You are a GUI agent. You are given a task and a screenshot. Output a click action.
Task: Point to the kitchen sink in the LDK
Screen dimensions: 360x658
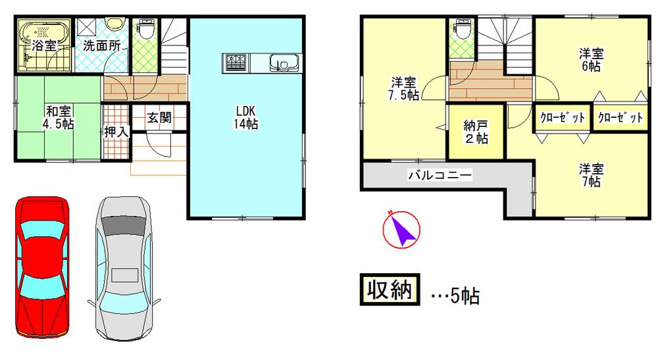pos(284,64)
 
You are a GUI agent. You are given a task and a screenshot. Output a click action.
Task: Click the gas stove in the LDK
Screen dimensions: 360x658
pos(235,63)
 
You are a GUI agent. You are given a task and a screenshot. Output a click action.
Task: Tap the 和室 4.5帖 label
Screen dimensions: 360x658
pos(59,117)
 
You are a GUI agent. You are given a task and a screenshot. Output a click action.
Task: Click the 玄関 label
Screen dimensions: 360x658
pos(159,118)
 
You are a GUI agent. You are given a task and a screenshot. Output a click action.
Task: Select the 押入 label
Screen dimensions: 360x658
pos(116,131)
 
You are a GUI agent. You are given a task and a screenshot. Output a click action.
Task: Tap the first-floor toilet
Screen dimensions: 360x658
pos(145,30)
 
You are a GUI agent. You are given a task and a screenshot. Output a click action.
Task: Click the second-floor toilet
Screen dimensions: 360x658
pos(463,30)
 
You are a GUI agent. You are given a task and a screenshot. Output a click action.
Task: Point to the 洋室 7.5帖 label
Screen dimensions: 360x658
pos(403,88)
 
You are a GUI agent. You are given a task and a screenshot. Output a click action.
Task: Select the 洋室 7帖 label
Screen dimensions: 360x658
pos(590,174)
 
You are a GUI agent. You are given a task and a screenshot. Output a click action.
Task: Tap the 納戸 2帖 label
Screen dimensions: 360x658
pos(476,132)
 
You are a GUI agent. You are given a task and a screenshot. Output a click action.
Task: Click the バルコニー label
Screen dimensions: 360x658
pos(439,175)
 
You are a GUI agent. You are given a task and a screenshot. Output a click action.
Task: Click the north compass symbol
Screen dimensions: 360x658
pos(400,228)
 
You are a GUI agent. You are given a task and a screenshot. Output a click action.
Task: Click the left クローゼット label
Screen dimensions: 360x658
pos(563,118)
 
